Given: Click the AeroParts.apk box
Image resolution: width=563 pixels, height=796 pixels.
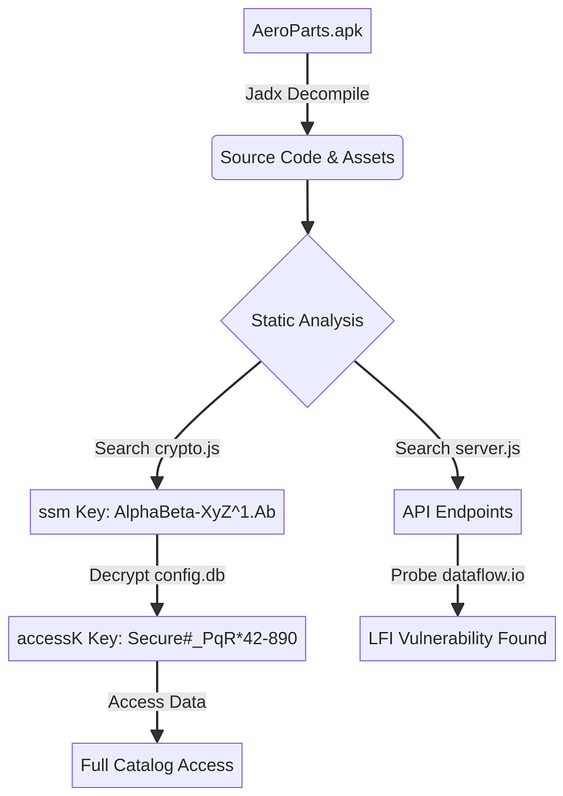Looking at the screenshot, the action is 307,31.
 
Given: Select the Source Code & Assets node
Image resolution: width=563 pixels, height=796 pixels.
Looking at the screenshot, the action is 307,158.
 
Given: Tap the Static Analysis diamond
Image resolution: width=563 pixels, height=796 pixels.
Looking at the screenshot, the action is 307,320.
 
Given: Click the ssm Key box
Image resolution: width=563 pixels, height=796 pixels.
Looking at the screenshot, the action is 157,511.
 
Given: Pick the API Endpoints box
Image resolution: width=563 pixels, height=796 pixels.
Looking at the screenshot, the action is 458,511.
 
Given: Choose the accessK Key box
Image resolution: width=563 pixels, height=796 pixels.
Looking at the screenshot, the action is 157,638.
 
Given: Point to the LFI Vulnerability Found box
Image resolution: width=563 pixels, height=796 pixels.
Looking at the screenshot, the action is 458,638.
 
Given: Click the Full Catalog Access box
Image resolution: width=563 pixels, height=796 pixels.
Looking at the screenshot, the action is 157,765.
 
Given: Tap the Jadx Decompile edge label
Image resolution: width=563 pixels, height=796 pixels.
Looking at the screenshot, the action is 307,94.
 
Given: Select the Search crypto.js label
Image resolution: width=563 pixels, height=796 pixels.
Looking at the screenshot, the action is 157,449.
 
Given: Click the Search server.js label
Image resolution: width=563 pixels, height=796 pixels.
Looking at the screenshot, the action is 458,449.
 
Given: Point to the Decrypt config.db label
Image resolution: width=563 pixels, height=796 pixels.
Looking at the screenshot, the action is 157,575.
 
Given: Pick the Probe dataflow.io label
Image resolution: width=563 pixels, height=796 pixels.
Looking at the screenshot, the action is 458,575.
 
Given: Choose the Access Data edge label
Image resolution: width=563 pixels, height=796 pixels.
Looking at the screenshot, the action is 157,702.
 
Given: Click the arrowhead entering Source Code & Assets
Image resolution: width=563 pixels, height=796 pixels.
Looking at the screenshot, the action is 307,129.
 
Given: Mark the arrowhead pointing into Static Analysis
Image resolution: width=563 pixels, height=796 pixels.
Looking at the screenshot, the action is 307,228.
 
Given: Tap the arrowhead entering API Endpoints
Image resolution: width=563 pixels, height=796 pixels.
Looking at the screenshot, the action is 458,482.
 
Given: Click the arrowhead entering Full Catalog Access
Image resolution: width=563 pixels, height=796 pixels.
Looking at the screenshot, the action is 157,736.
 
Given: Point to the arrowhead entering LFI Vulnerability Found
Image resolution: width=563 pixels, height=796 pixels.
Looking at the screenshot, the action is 458,609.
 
